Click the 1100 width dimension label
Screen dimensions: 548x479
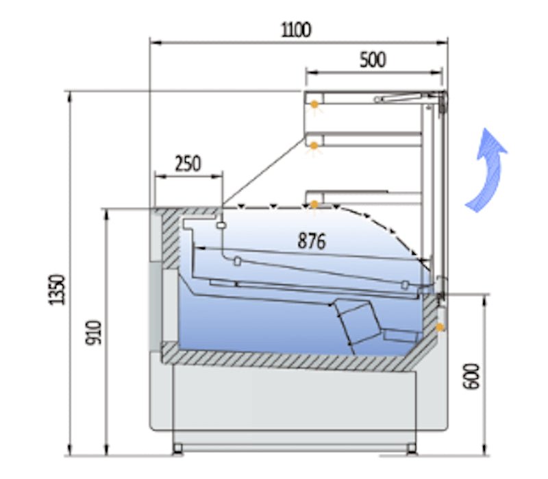tap(296, 29)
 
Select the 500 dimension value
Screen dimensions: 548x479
tap(373, 60)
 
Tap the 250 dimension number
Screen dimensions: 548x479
tap(188, 164)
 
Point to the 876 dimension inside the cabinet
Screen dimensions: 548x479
tap(312, 241)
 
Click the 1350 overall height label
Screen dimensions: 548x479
tap(57, 290)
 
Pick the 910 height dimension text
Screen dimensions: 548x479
tap(94, 332)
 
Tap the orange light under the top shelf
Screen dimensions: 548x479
tap(314, 104)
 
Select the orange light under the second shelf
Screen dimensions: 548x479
tap(314, 146)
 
